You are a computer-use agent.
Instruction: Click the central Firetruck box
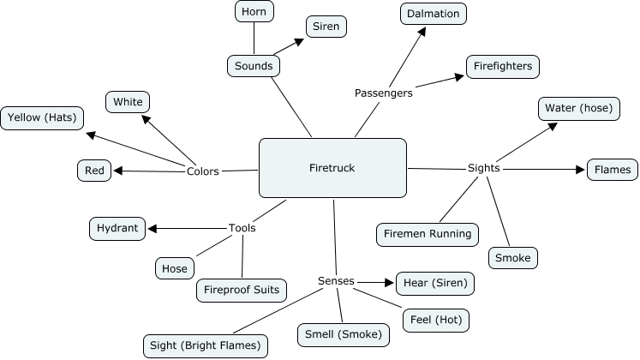click(332, 168)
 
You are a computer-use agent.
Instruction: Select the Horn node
click(254, 12)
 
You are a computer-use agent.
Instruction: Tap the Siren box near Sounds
click(326, 27)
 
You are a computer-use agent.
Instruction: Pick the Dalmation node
click(433, 13)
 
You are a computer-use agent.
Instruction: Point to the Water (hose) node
click(574, 109)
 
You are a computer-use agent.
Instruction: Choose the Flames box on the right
click(613, 170)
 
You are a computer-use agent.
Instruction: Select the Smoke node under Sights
click(513, 257)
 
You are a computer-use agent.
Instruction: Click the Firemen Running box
click(428, 233)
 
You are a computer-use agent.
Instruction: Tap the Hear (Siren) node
click(434, 283)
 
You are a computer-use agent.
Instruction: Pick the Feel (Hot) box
click(436, 321)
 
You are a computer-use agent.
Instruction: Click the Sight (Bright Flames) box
click(205, 346)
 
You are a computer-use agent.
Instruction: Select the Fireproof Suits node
click(241, 290)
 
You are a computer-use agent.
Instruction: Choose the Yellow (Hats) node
click(42, 118)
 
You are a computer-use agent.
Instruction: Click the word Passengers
click(383, 93)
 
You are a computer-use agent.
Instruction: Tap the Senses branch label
click(335, 281)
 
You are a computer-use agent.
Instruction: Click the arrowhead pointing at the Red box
click(118, 171)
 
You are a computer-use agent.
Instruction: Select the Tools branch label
click(242, 228)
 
